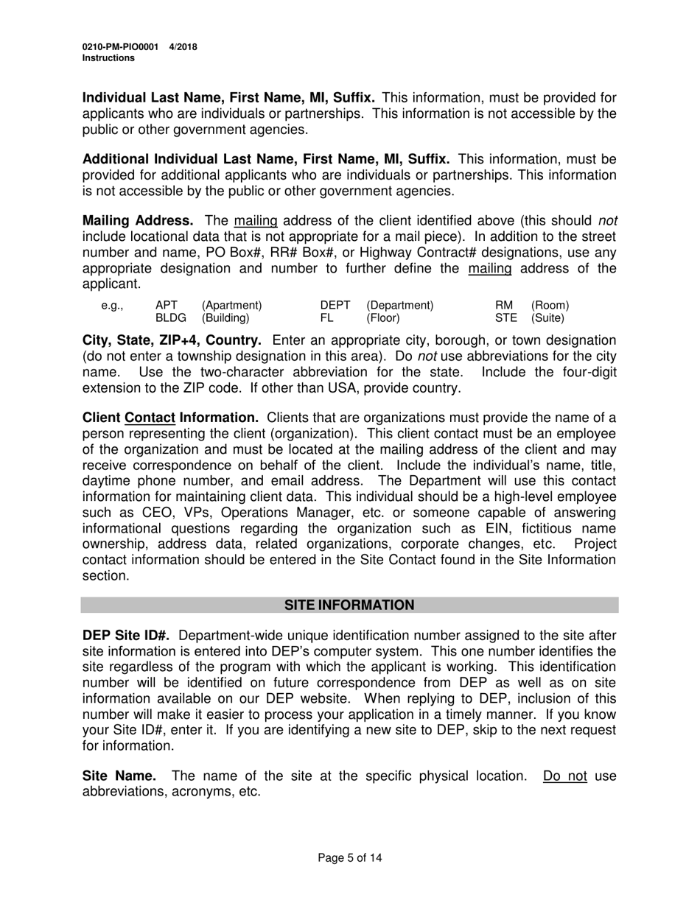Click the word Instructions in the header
pyautogui.click(x=108, y=58)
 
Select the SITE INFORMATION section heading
pyautogui.click(x=349, y=605)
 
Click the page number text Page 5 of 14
pyautogui.click(x=350, y=857)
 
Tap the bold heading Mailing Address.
pyautogui.click(x=138, y=221)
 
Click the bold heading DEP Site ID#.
pyautogui.click(x=127, y=636)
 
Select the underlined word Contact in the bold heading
pyautogui.click(x=150, y=418)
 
